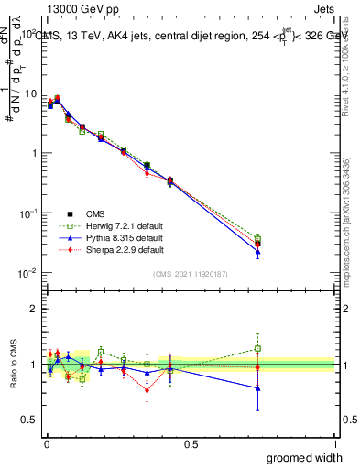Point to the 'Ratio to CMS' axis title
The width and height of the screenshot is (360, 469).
tap(13, 365)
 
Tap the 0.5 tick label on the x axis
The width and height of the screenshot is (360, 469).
tap(191, 443)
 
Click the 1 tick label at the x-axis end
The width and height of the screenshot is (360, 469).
tap(334, 443)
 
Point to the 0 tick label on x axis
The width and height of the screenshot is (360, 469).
tap(47, 443)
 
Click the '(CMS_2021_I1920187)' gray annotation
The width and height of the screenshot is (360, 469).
tap(191, 274)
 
